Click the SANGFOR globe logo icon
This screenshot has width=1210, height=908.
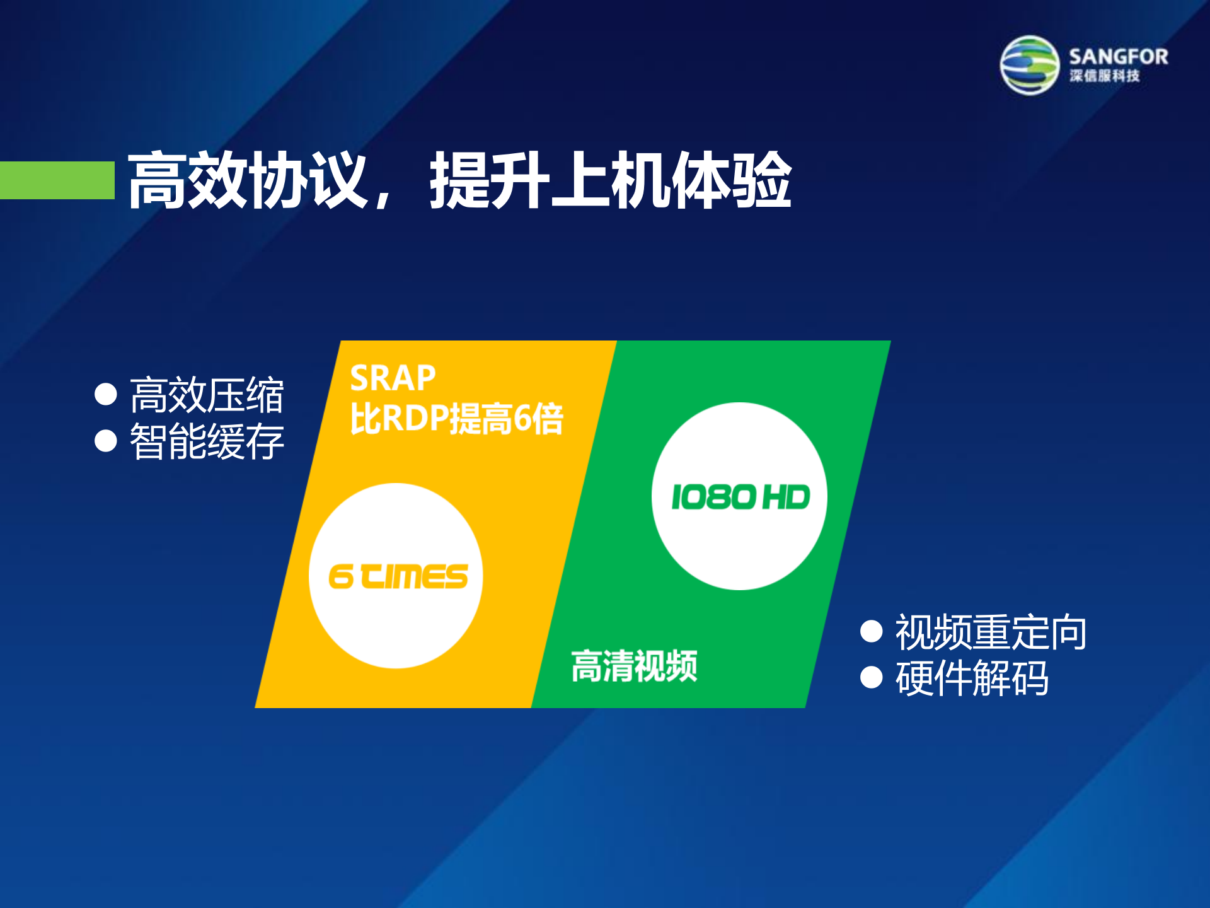[1030, 65]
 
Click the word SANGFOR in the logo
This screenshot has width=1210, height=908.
[1118, 57]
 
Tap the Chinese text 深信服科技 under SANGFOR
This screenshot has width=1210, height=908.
[1104, 76]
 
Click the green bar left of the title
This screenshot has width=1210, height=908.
[57, 180]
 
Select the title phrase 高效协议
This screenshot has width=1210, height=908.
[247, 180]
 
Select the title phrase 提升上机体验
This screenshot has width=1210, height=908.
[610, 180]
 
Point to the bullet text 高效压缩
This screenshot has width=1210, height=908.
[207, 395]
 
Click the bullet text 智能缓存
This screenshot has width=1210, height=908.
[207, 441]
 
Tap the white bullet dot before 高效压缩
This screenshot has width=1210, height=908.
[106, 395]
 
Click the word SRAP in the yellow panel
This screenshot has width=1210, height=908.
[393, 378]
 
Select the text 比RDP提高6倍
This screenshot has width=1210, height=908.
[456, 418]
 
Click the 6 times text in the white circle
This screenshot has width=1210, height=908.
[398, 576]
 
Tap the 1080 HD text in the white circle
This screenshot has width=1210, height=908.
[740, 497]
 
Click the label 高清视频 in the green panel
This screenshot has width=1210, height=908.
[634, 666]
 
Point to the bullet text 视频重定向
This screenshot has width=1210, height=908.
[991, 632]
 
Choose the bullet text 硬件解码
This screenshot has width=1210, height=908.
[972, 678]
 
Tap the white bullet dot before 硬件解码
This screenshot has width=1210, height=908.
[871, 677]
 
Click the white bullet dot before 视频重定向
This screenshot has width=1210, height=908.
[871, 631]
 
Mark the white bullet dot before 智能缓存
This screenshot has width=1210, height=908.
[106, 441]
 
